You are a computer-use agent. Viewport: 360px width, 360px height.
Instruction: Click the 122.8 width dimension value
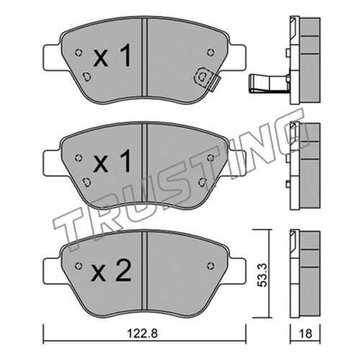tap(143, 333)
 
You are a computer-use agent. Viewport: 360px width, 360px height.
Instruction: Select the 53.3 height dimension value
tap(262, 275)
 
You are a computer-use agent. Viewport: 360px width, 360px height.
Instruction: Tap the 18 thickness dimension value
tap(305, 333)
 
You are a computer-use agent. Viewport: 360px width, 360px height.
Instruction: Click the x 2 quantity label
tap(111, 271)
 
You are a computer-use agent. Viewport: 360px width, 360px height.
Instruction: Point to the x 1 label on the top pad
tap(112, 55)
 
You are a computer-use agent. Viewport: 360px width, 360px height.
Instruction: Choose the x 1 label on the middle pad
tap(112, 161)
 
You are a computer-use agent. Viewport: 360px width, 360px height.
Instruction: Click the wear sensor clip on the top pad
tap(204, 78)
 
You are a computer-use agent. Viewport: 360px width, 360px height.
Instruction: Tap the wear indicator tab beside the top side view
tap(269, 84)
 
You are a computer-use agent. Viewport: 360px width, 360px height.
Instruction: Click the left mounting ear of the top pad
tap(51, 58)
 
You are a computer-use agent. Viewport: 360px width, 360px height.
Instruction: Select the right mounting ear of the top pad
tap(238, 58)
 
